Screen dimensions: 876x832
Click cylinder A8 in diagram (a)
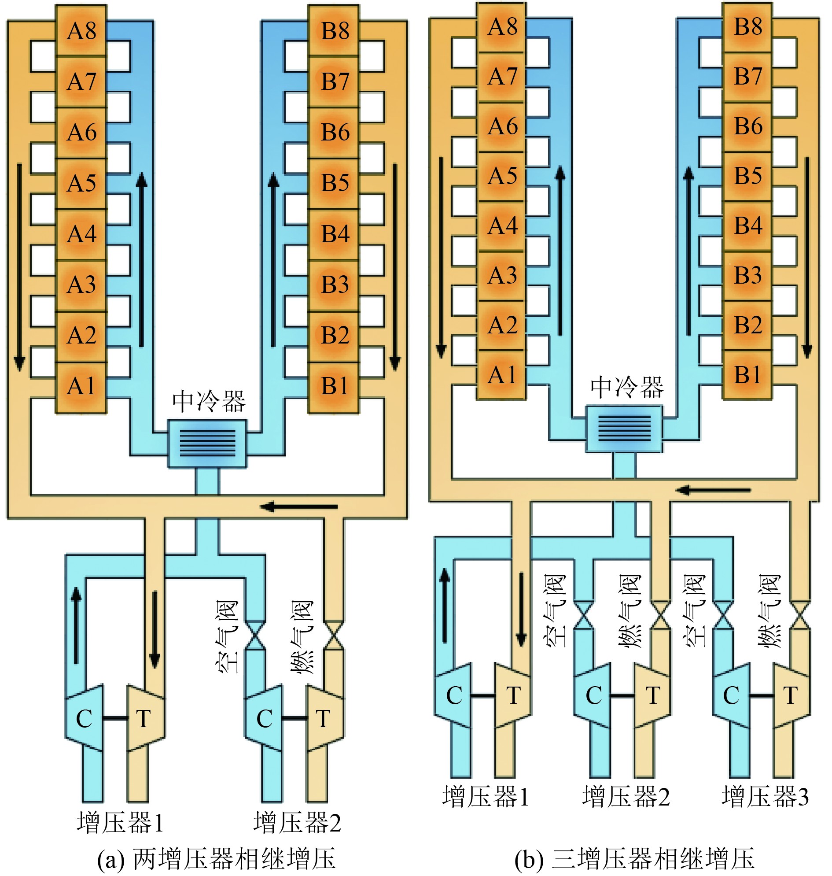81,31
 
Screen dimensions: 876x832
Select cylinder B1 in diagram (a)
334,387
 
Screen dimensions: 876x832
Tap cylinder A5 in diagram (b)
502,176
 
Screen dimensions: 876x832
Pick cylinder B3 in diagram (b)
748,275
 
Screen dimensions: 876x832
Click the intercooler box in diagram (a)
207,444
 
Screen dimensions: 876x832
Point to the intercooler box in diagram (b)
624,428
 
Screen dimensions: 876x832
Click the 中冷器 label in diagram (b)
627,387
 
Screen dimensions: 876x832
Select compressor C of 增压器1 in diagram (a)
84,718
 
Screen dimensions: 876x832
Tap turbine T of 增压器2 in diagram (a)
324,718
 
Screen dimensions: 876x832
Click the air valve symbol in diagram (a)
255,636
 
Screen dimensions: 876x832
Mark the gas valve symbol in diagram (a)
334,636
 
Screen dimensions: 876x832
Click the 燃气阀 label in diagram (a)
302,637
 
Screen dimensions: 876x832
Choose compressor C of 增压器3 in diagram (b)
731,695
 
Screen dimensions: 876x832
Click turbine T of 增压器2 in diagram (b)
652,695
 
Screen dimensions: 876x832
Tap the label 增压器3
765,796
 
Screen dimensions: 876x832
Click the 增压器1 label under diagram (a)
120,822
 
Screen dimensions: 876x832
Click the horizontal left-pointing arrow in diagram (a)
299,506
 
